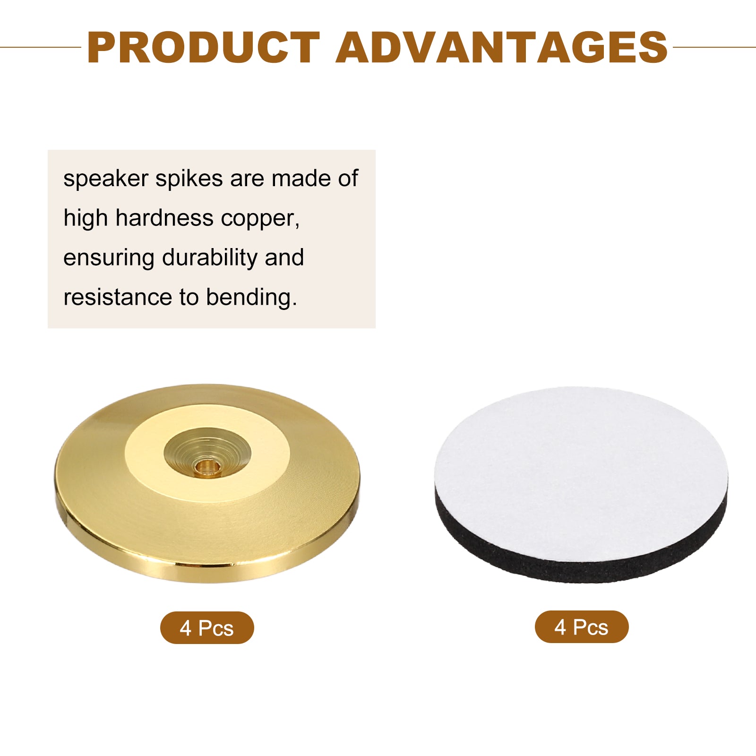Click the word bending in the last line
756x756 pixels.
(x=251, y=298)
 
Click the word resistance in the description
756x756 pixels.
(x=118, y=298)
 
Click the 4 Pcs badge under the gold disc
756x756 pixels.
(x=207, y=627)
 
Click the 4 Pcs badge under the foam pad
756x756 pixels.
(x=582, y=627)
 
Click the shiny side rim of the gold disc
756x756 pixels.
(x=207, y=569)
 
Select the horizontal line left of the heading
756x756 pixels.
(x=41, y=47)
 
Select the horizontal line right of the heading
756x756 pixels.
(x=714, y=47)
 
